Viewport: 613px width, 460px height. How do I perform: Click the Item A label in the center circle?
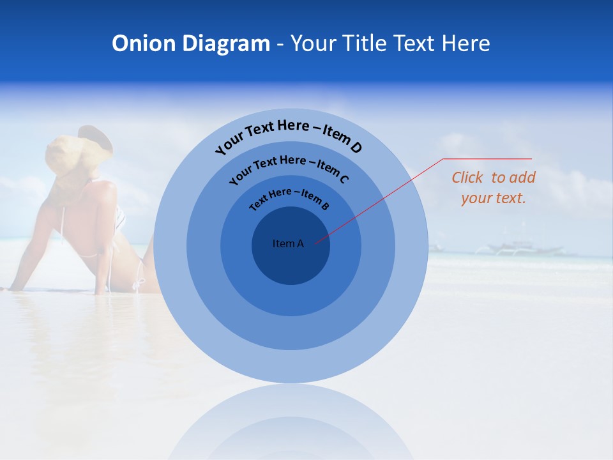click(x=288, y=243)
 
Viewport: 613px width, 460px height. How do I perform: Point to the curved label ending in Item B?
click(x=289, y=197)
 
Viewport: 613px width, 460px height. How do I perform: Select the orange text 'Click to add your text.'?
click(x=494, y=188)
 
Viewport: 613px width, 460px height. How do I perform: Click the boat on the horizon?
click(x=511, y=247)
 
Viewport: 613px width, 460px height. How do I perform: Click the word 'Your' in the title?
click(x=315, y=43)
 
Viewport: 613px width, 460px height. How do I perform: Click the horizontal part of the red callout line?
click(x=487, y=158)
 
